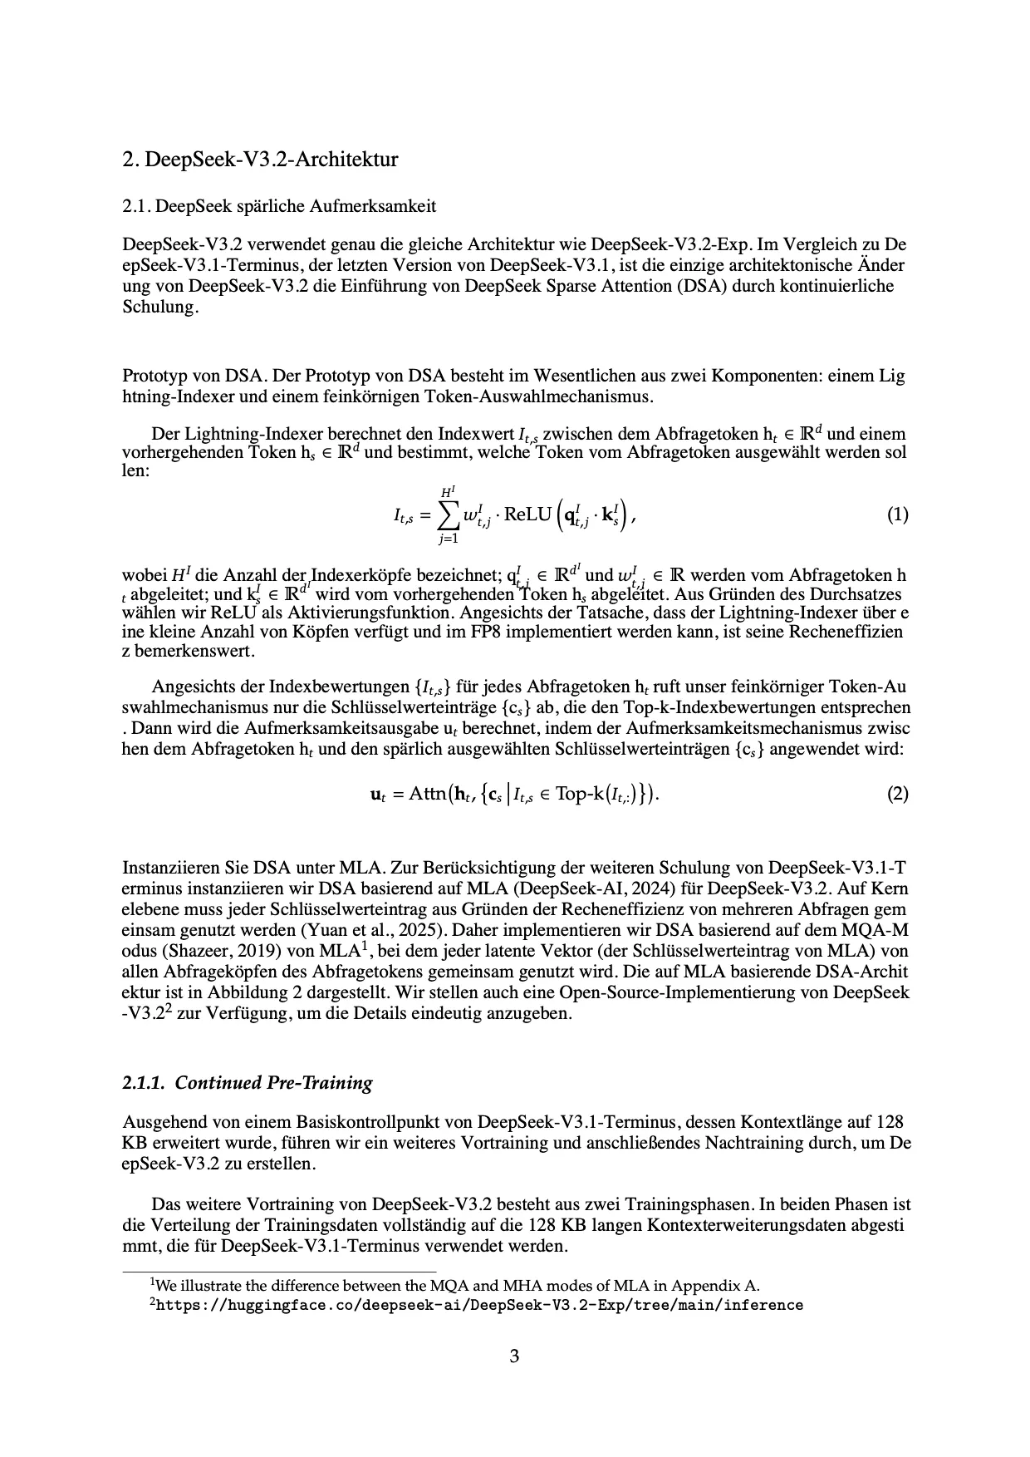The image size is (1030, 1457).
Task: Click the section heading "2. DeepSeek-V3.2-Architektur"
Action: (x=260, y=159)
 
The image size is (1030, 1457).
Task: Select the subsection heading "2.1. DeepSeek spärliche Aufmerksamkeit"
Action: (x=279, y=205)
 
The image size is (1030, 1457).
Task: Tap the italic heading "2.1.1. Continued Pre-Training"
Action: (x=248, y=1082)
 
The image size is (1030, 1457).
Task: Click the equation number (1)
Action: (x=897, y=514)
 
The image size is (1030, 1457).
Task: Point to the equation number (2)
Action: (x=897, y=794)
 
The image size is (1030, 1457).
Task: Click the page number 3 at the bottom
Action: (x=514, y=1357)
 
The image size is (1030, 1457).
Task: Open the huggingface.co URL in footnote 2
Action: (x=479, y=1305)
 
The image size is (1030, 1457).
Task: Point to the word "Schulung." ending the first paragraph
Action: (x=160, y=307)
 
